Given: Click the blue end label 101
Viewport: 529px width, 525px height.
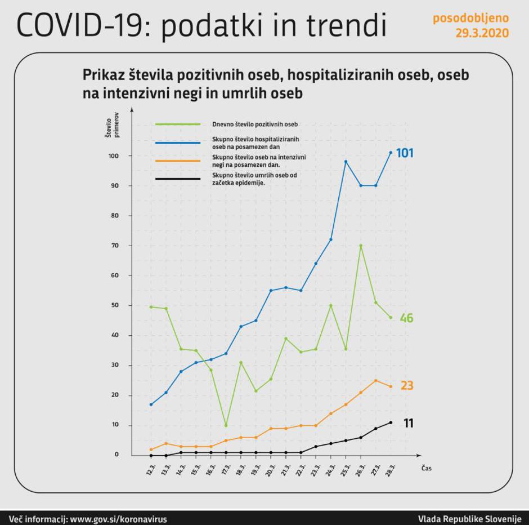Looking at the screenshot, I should point(405,153).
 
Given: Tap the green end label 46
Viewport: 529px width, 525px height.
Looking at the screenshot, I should point(406,318).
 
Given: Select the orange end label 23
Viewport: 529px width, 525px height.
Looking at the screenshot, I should point(407,386).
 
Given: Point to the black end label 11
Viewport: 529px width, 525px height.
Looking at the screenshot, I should point(409,423).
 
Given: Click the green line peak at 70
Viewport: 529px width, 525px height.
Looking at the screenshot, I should point(361,246).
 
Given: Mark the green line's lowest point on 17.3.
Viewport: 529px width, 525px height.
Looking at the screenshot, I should point(226,425).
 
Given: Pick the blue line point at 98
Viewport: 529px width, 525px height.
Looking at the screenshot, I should point(346,162).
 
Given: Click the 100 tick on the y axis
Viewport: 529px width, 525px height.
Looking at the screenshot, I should point(118,155).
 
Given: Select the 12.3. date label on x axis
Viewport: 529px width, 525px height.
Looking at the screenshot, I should point(151,470).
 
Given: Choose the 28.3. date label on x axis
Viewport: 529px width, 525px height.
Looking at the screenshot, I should point(391,470).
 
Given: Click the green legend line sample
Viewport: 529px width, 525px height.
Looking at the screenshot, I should point(178,124).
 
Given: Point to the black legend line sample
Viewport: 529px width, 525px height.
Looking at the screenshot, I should point(178,179).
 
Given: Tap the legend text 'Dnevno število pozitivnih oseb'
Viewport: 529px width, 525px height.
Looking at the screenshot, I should point(254,124).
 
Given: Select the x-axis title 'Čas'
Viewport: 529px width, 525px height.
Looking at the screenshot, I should point(427,468).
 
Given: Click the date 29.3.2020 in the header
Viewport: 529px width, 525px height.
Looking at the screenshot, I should point(482,33).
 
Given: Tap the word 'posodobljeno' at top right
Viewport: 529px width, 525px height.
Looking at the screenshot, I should point(470,18).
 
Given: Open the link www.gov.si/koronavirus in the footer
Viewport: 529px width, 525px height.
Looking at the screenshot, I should point(118,519).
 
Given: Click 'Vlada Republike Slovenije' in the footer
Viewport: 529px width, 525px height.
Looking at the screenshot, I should point(469,519).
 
